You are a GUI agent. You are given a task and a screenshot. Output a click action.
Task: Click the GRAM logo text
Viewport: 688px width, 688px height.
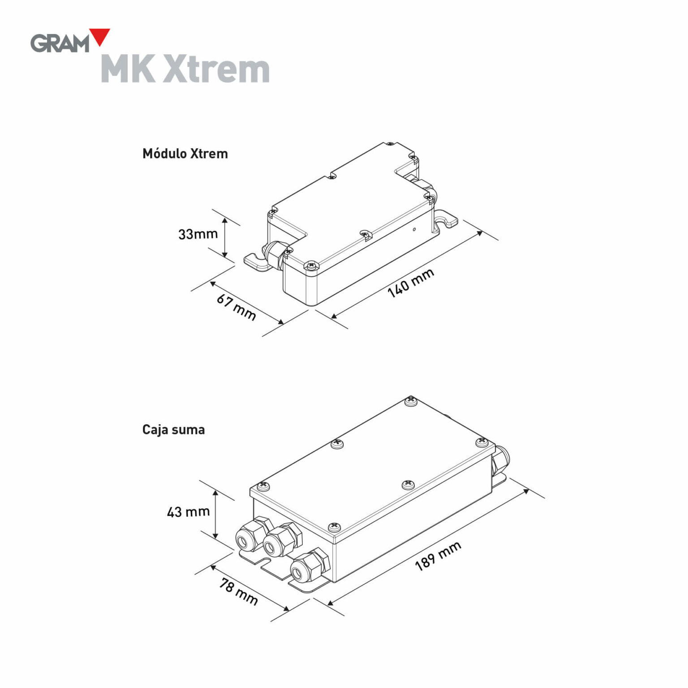pos(60,43)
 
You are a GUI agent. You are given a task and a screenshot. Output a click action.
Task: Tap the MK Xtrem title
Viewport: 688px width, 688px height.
pos(185,69)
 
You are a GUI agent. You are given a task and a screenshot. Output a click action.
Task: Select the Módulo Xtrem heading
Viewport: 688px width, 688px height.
pos(185,154)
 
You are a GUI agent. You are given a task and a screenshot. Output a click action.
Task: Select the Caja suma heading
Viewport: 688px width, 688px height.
pos(173,430)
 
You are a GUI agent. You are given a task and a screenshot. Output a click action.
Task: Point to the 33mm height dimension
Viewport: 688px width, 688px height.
pos(198,234)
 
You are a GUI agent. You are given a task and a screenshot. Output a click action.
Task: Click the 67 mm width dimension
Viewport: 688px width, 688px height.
pos(236,307)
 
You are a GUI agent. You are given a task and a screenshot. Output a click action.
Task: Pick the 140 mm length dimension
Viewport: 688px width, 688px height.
pos(410,283)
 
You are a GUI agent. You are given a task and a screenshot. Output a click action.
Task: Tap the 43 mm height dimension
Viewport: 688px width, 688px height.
pos(188,512)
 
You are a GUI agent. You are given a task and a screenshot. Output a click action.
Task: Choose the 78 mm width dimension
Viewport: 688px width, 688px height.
pos(239,591)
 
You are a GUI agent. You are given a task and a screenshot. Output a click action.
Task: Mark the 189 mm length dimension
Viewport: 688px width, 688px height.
pos(438,556)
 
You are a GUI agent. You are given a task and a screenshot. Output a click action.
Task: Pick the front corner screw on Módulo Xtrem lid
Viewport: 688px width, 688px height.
pos(310,266)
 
